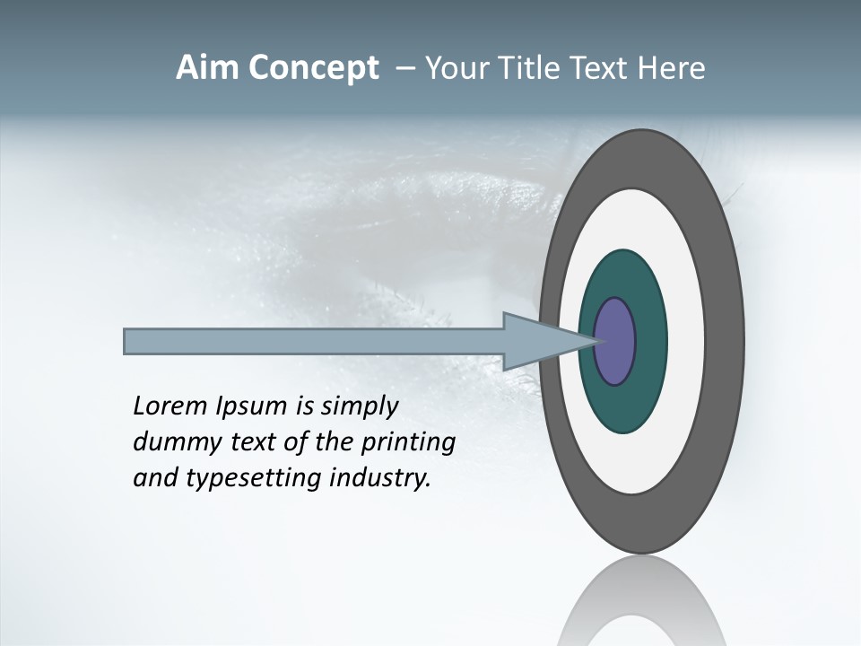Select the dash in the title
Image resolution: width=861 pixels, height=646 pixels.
pyautogui.click(x=405, y=68)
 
